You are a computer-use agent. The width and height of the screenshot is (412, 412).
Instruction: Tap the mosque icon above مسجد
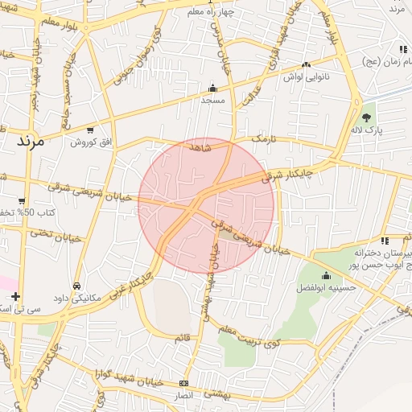click(x=212, y=89)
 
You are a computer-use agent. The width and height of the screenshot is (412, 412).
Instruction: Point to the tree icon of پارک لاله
click(x=367, y=117)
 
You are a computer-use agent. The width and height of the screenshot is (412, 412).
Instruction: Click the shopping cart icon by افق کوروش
click(x=89, y=130)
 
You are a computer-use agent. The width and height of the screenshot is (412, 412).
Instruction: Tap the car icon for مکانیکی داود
click(x=76, y=285)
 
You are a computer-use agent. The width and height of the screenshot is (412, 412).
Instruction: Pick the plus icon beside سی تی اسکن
click(x=16, y=296)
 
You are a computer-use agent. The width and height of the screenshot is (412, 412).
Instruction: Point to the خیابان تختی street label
click(x=56, y=235)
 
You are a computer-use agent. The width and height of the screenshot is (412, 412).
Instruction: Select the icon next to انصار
click(x=184, y=383)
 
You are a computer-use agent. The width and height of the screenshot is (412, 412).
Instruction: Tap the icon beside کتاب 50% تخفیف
click(x=22, y=200)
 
